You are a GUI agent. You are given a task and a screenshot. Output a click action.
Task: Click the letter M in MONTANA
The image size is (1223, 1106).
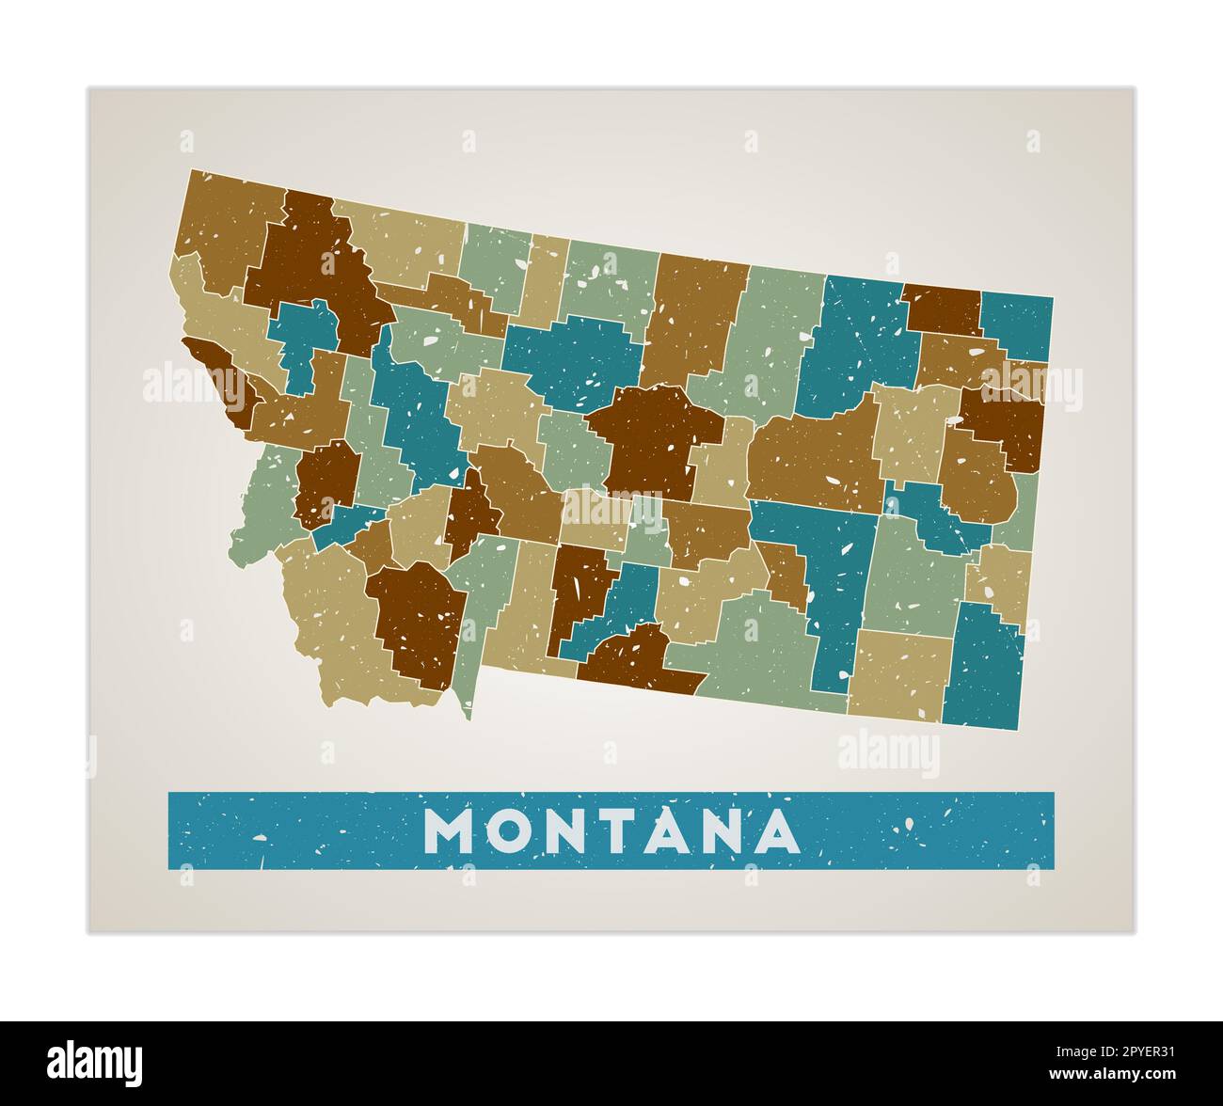click(x=449, y=830)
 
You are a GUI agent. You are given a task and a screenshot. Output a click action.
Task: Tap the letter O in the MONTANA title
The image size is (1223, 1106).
click(x=511, y=830)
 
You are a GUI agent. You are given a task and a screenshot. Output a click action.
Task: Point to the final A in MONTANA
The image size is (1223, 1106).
click(x=774, y=830)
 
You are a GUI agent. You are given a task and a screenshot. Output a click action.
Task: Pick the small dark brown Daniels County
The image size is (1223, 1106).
click(x=941, y=308)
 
